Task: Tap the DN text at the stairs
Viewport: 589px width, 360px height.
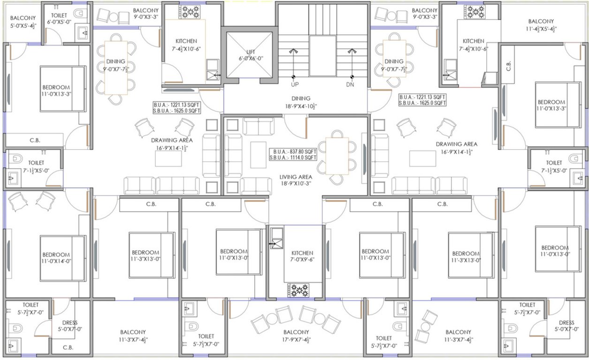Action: click(x=350, y=85)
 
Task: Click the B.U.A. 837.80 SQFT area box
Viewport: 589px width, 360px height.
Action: click(x=293, y=155)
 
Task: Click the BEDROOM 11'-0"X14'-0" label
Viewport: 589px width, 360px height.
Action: click(x=56, y=258)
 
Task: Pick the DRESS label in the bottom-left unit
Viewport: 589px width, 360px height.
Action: click(x=69, y=326)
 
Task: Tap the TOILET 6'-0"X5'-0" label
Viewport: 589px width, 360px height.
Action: click(x=59, y=19)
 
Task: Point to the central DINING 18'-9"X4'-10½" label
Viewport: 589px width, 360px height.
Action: click(x=301, y=102)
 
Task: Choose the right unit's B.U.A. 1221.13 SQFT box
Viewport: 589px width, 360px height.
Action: click(x=422, y=100)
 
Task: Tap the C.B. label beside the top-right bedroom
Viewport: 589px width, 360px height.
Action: click(x=509, y=67)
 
